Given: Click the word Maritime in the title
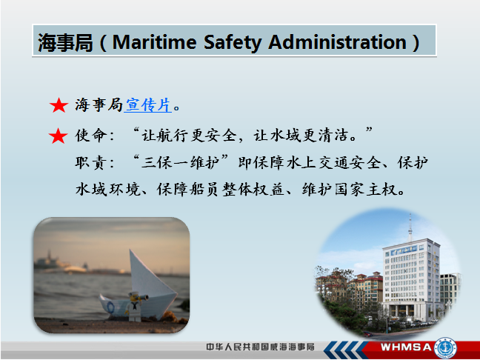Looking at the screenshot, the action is coord(154,42).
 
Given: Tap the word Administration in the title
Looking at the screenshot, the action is coord(337,42).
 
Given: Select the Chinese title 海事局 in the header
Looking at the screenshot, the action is coord(65,42).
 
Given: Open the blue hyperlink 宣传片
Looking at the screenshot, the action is coord(147,105).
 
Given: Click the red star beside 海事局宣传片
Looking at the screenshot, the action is coord(59,106).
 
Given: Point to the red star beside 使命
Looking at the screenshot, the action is coord(59,136).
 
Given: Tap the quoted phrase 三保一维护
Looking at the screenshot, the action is coord(181,163).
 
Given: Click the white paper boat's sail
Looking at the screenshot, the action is coord(149,277).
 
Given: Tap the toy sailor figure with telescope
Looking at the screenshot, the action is coord(136,307).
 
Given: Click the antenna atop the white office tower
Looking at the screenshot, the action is coord(410,228).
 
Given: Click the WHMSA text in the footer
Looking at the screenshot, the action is coord(406,347).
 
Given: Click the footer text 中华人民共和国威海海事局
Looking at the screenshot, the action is coord(260,347).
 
